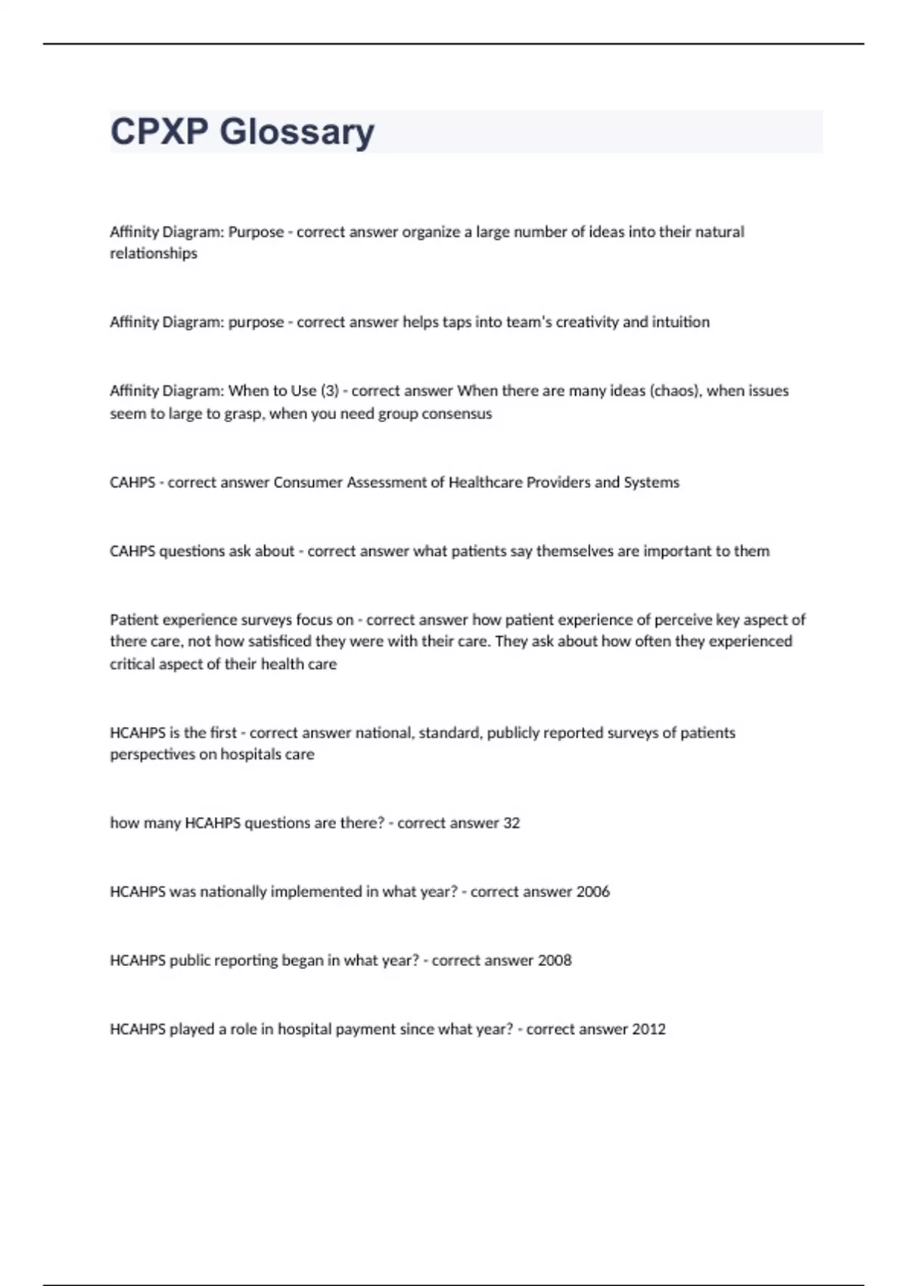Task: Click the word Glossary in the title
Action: (297, 132)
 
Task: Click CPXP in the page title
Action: (159, 132)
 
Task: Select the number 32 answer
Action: (512, 823)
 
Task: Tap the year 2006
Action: (592, 892)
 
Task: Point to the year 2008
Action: (555, 961)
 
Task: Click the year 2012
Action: (648, 1030)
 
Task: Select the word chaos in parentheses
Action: (676, 391)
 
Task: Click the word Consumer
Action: (308, 483)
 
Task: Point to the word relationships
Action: (154, 253)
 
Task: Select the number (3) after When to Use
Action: (330, 391)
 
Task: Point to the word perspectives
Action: (152, 754)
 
